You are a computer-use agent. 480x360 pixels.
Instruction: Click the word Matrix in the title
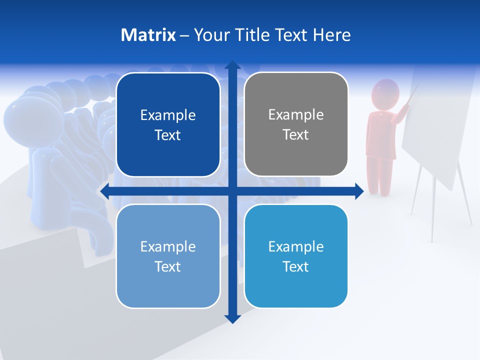[148, 35]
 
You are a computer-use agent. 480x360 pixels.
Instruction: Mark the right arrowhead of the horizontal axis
[359, 191]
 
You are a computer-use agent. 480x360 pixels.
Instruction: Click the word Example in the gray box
[296, 114]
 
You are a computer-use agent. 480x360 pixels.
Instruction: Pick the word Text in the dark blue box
[168, 135]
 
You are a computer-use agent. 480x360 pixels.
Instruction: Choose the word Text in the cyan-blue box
[296, 266]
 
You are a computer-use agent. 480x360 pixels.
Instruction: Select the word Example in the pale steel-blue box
[168, 246]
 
